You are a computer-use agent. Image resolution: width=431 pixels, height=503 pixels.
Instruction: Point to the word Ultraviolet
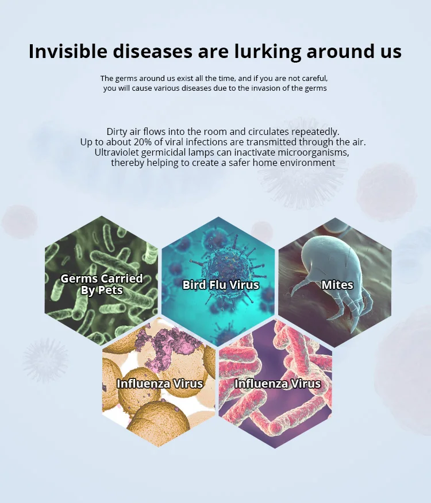point(116,152)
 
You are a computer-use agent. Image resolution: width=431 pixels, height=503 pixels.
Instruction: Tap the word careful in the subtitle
point(315,79)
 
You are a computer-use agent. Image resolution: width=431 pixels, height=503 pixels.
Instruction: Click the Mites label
point(337,285)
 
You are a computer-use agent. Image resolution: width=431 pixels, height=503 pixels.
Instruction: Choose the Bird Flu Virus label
point(221,285)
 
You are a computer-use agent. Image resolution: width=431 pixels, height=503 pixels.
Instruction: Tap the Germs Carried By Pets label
point(102,284)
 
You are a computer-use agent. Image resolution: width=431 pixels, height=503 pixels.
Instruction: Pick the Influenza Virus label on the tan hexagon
point(160,384)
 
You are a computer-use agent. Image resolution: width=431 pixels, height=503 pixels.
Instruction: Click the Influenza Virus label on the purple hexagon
point(278,384)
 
